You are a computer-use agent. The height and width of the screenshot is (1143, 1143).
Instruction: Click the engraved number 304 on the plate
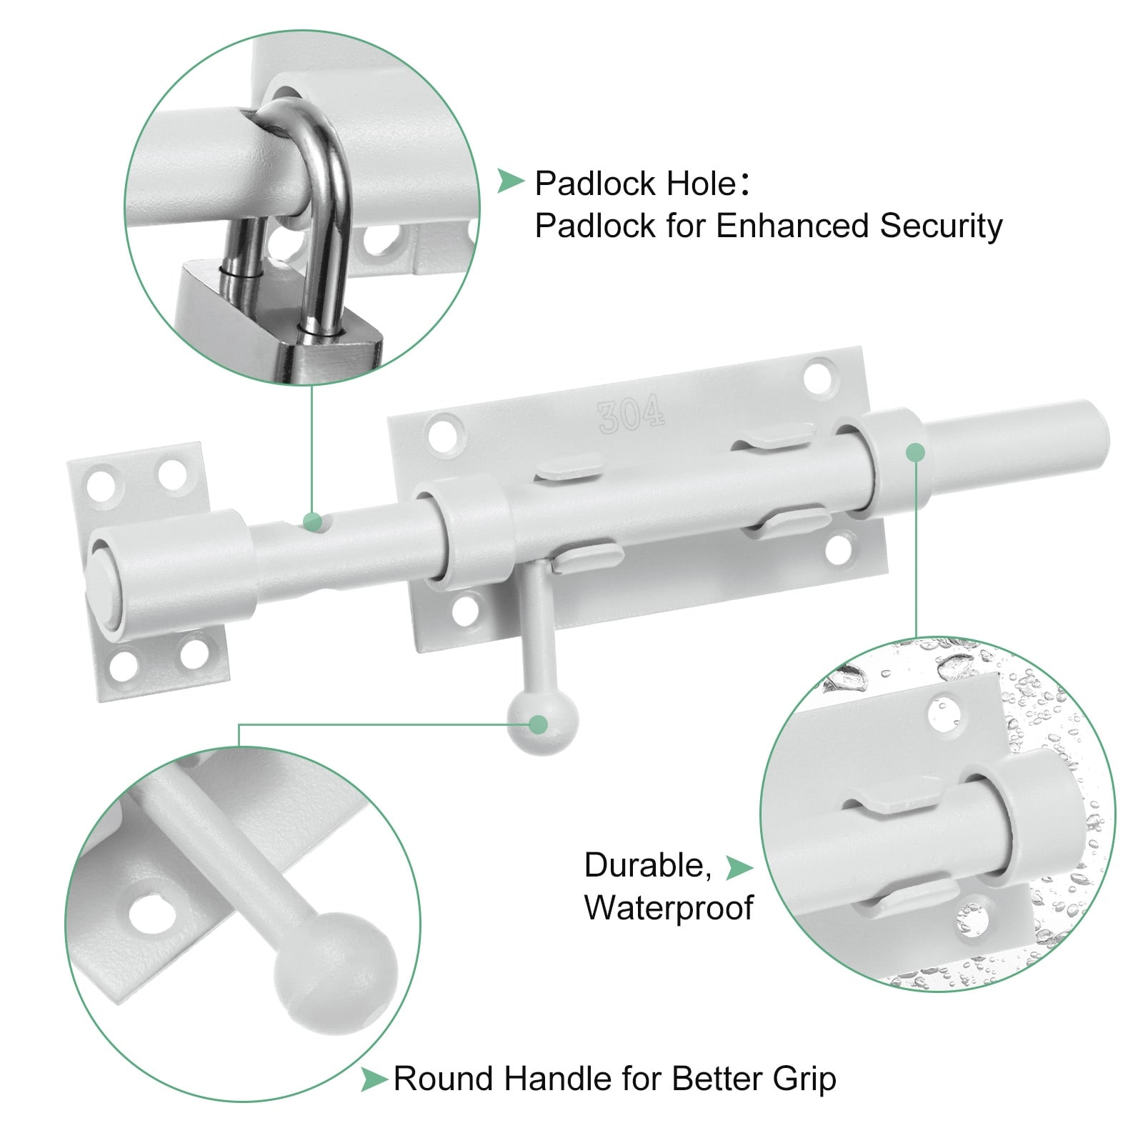[631, 416]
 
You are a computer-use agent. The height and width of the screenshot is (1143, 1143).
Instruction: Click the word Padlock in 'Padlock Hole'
[596, 184]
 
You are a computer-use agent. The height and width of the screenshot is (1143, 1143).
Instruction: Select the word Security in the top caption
[941, 226]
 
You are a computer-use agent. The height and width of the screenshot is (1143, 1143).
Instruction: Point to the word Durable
[647, 866]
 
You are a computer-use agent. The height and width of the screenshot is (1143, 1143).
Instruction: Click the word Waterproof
[669, 908]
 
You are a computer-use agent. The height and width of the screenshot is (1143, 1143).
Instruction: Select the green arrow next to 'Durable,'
[739, 867]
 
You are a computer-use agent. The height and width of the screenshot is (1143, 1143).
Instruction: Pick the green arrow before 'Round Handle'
[374, 1079]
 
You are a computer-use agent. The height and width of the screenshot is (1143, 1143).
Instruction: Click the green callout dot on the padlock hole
[311, 521]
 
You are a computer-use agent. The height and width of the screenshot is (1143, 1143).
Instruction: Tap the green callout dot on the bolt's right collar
[915, 452]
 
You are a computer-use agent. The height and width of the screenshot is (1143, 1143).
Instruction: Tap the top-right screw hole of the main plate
[819, 376]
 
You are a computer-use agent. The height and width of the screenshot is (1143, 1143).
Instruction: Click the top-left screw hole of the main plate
[444, 434]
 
